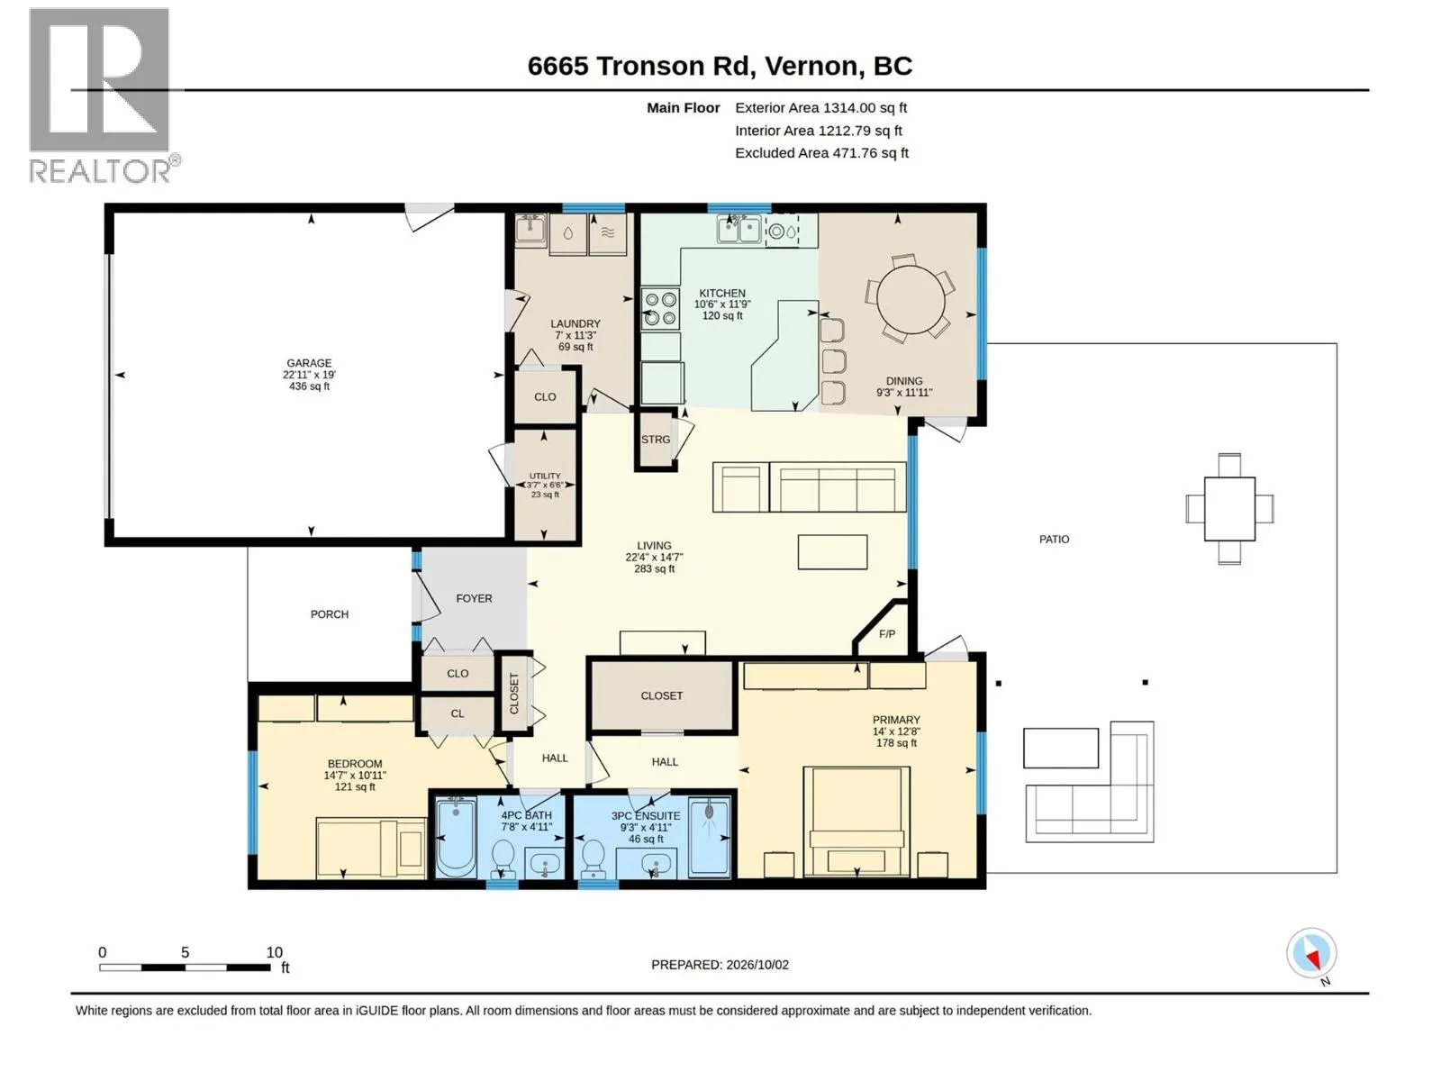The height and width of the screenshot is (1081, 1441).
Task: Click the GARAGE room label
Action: point(309,363)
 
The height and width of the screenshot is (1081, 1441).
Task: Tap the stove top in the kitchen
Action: point(660,308)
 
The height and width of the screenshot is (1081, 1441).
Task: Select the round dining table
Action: point(911,299)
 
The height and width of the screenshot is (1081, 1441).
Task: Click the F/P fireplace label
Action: point(886,634)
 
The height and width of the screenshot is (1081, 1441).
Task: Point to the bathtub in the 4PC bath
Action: point(457,837)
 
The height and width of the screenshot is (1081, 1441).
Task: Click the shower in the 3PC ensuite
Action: point(709,837)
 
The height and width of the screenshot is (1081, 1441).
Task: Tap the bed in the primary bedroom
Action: point(856,821)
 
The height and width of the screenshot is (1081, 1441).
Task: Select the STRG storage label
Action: point(656,439)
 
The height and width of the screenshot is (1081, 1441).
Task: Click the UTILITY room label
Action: point(545,476)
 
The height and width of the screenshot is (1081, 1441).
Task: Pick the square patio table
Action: point(1229,509)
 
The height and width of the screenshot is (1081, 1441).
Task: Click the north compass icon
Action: point(1311,953)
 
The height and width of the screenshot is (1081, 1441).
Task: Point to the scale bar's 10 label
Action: point(275,952)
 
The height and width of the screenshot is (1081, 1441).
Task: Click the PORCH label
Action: point(330,614)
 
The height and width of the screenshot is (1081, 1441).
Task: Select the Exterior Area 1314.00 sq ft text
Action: point(820,107)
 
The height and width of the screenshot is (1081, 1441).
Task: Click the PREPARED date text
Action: point(720,965)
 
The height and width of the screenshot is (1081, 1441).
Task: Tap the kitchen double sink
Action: point(739,230)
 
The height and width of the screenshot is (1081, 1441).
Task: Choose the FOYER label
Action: point(474,598)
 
